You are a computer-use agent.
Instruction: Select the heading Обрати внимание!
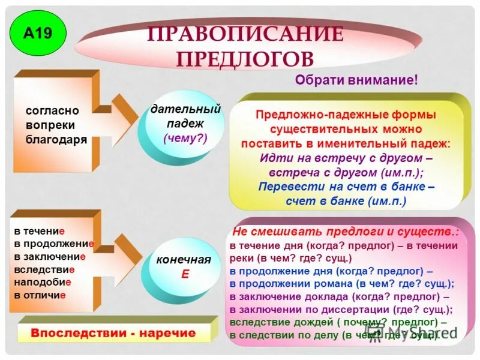(356, 80)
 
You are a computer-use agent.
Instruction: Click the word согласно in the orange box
(53, 111)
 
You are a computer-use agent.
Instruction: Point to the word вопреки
(50, 125)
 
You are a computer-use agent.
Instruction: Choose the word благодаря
(56, 139)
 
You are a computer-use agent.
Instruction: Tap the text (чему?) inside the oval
(185, 137)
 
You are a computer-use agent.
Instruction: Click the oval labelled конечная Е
(184, 266)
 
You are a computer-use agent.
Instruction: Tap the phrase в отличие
(40, 295)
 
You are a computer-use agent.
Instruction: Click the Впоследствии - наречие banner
(113, 332)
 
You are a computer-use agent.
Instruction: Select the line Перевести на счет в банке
(346, 187)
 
